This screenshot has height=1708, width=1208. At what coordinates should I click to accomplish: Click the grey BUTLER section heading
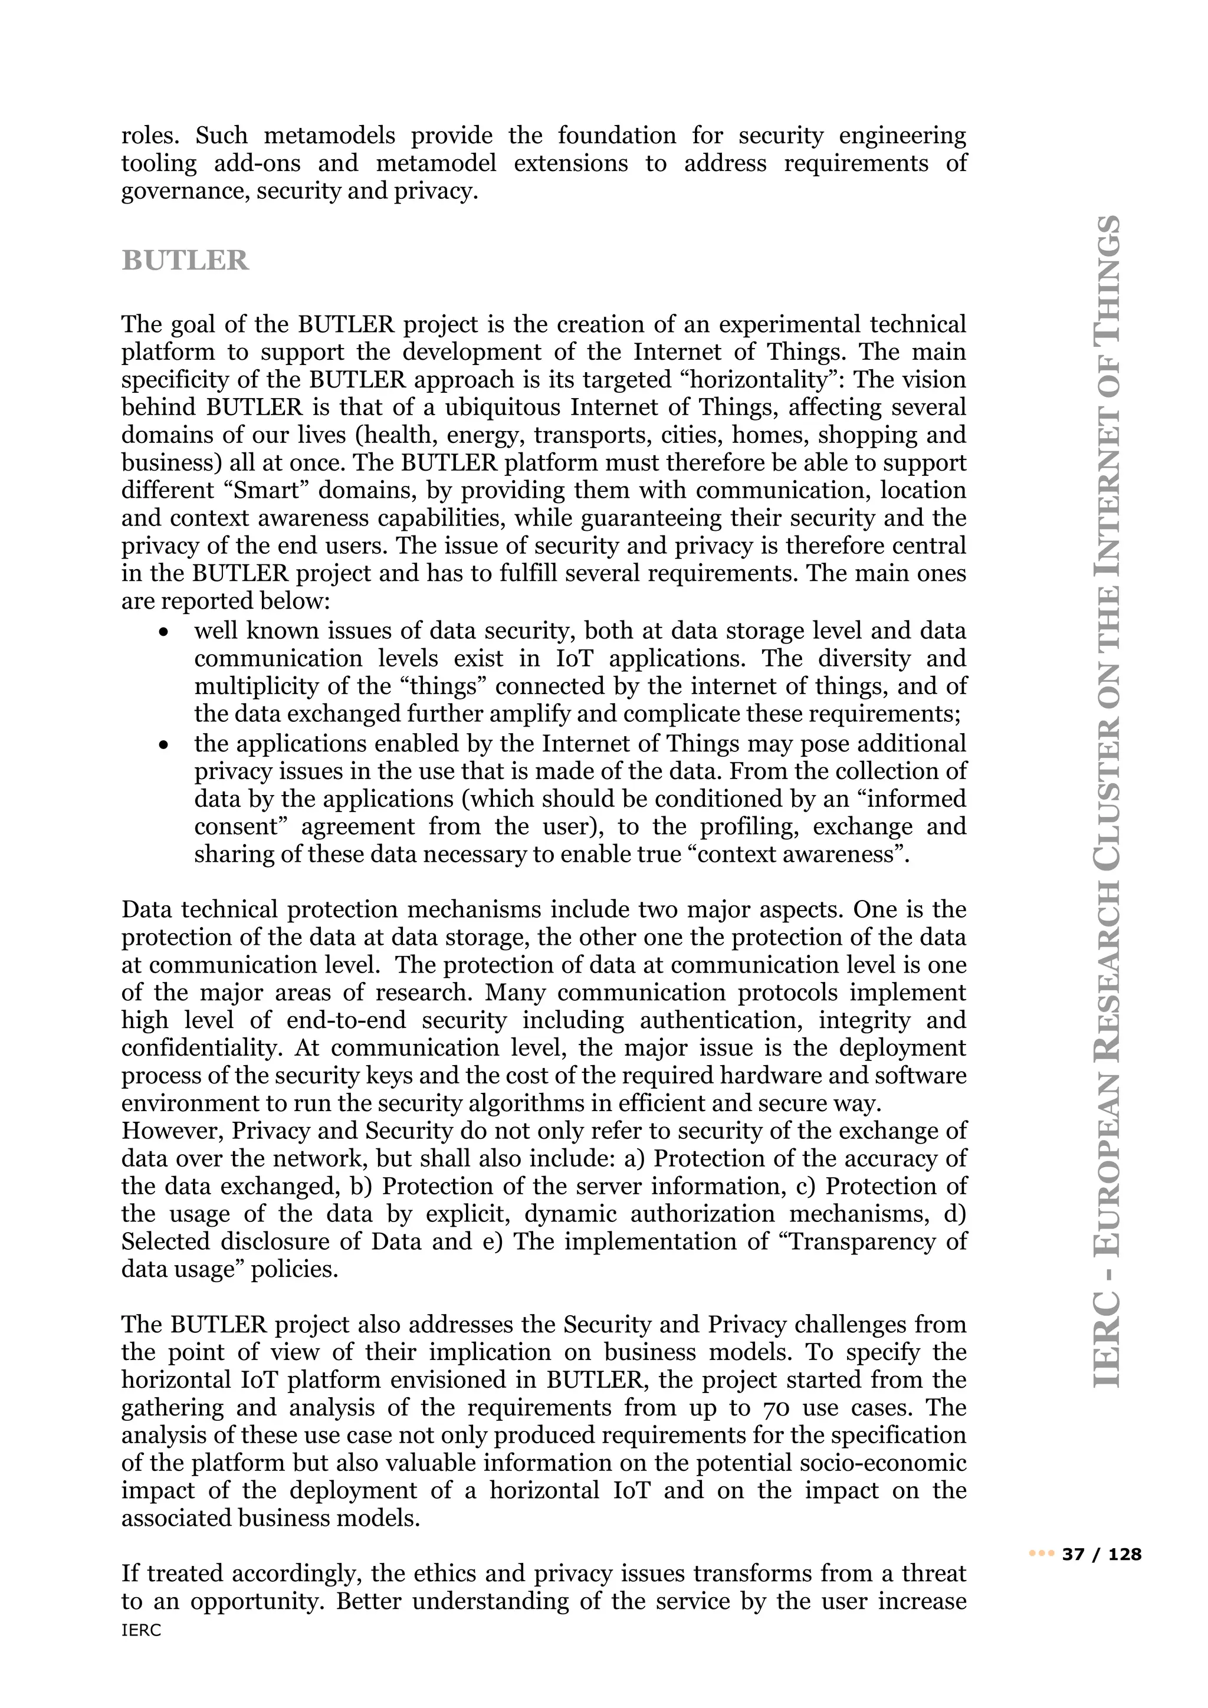coord(185,260)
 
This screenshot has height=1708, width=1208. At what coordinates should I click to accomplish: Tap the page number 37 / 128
coord(1102,1554)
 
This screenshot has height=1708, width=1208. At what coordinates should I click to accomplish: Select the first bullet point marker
coord(163,632)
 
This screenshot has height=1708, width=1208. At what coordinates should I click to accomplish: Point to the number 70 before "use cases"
coord(764,1407)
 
